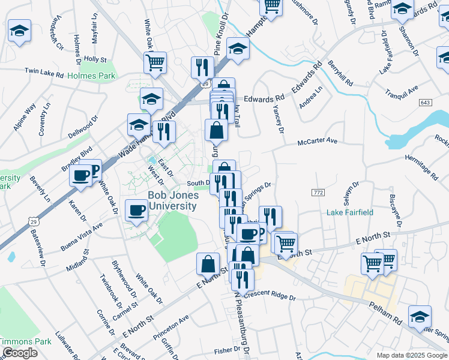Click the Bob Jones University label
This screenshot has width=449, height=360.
(172, 201)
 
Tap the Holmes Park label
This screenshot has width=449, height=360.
(91, 76)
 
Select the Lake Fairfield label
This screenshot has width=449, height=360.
(349, 212)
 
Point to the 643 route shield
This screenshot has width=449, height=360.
(426, 103)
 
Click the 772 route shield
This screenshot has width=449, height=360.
(318, 191)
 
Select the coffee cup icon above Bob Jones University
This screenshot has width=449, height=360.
(136, 210)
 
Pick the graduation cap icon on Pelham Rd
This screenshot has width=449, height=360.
(419, 317)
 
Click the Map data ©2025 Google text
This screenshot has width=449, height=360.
(412, 355)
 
